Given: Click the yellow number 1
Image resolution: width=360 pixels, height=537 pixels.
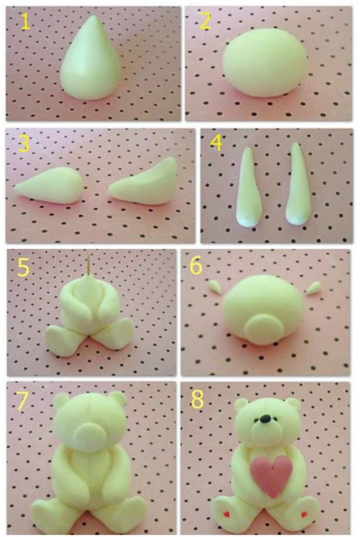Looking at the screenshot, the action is coord(25,22).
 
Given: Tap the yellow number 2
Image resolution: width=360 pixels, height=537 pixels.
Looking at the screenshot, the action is coord(205,21).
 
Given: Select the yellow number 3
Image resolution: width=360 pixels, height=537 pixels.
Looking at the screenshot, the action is coord(24,144).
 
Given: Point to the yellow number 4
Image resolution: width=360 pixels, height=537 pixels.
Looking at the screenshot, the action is coord(216,143).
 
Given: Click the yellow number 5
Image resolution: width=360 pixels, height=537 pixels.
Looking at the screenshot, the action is coord(23,267).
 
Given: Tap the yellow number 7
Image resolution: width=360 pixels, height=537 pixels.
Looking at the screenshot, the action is coord(22,401).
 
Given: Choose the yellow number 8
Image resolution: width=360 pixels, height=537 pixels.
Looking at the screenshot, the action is coord(197,399).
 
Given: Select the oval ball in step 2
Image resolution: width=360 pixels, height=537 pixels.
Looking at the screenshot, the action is coord(265,63).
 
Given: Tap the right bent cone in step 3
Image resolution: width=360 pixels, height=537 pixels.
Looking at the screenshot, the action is coord(144,183).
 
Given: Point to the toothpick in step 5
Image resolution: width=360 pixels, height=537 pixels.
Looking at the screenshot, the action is coord(89,265).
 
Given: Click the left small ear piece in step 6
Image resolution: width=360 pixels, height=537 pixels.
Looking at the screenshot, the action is coord(215,286).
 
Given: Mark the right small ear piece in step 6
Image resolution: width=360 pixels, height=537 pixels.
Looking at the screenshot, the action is coord(314,288).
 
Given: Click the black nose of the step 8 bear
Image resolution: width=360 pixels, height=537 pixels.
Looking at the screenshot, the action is coord(264,418).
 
